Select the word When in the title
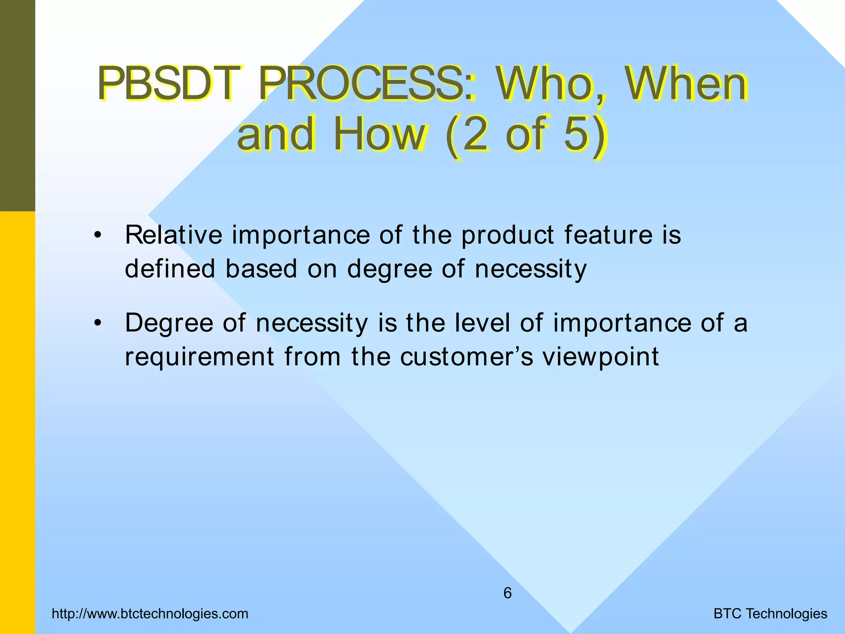tap(687, 85)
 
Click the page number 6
tap(507, 593)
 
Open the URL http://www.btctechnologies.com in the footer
tap(150, 614)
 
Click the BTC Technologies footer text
tap(770, 614)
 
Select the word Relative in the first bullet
tap(173, 235)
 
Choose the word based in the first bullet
tap(261, 269)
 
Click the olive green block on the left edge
tap(17, 105)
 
